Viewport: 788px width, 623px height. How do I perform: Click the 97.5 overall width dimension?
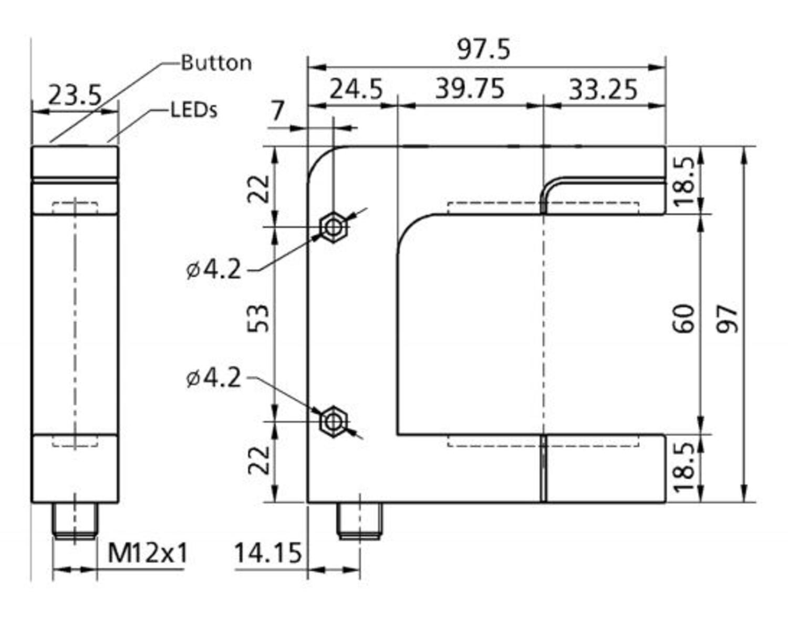tap(483, 50)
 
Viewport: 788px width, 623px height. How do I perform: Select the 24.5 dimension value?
tap(356, 89)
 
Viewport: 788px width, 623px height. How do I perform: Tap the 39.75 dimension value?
tap(470, 89)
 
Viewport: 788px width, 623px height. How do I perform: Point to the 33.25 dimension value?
tap(603, 89)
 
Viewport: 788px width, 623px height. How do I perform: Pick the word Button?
tap(216, 63)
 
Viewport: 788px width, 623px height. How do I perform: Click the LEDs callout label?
tap(194, 110)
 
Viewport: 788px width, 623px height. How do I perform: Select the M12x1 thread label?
tap(147, 553)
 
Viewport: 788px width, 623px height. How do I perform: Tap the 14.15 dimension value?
tap(267, 553)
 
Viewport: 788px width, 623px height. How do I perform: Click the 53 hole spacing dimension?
tap(259, 318)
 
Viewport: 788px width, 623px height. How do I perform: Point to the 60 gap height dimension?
tap(685, 319)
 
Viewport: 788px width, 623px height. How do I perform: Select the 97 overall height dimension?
tap(729, 319)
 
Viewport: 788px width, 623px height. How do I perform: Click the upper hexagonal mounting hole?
tap(333, 227)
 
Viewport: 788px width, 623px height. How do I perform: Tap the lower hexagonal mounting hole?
tap(333, 421)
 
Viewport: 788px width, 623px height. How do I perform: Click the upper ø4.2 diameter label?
tap(213, 270)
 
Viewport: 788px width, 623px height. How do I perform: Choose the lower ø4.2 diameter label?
tap(213, 378)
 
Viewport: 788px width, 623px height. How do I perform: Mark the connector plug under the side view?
tap(75, 521)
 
